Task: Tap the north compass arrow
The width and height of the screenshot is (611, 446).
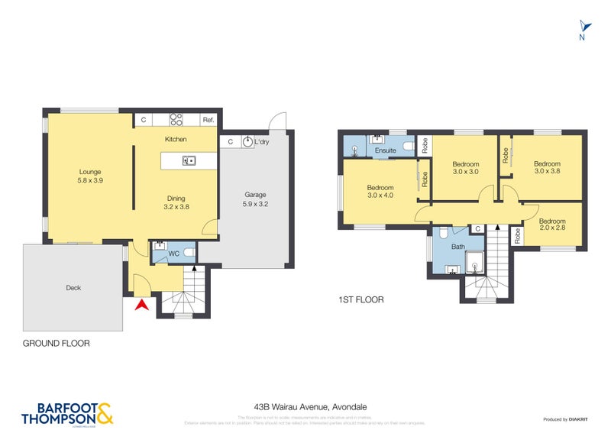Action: coord(583,25)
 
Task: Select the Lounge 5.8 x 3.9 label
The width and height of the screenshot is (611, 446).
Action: coord(89,176)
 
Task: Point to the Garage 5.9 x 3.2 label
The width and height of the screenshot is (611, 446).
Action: coord(255,199)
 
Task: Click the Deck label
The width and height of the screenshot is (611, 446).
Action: coord(73,288)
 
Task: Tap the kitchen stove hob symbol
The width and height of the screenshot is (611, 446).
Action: coord(176,120)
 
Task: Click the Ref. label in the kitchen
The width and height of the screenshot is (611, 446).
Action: coord(208,121)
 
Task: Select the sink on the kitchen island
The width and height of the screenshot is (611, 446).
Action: coord(188,160)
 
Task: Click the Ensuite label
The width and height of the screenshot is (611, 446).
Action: coord(386,150)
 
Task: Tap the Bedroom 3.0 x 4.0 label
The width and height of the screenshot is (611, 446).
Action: coord(380,192)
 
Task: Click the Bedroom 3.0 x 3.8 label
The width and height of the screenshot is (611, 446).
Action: coord(547,167)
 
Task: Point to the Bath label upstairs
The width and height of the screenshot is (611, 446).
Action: coord(458,247)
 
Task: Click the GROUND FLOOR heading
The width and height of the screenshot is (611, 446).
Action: coord(57,344)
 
